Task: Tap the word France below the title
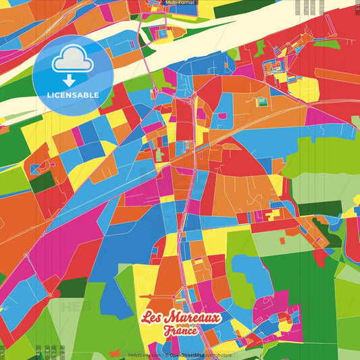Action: point(180,331)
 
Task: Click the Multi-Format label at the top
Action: point(179,3)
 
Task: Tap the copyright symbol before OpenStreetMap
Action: point(166,354)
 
